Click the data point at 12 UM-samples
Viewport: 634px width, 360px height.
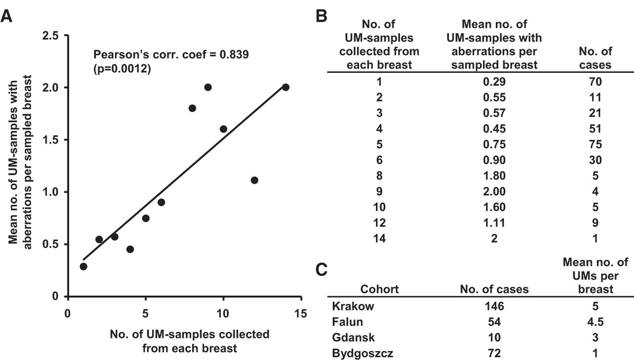coord(254,180)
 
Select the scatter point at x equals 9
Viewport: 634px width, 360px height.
coord(208,87)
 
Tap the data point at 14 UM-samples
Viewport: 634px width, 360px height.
coord(285,87)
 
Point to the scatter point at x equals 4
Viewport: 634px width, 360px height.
coord(130,250)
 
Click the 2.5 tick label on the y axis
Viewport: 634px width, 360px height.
coord(51,36)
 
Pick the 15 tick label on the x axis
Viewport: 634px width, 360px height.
coord(300,313)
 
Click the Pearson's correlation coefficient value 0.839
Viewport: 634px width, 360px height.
coord(234,54)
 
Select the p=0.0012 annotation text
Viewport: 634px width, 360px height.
coord(122,69)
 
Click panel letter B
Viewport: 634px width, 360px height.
coord(321,16)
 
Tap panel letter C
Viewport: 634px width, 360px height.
coord(321,270)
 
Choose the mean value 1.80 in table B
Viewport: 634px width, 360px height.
coord(494,176)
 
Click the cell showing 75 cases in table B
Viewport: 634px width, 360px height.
coord(595,144)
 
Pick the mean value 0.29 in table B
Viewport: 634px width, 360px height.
coord(494,82)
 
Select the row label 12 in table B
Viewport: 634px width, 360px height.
coord(379,223)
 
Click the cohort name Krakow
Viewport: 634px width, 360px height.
coord(353,306)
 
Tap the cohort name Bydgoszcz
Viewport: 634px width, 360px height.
coord(363,353)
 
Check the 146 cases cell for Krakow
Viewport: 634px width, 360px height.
coord(494,306)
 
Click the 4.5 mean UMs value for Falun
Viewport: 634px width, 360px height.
coord(595,322)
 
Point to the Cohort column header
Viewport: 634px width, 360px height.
coord(379,289)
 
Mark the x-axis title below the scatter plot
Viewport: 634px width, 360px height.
coord(190,341)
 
